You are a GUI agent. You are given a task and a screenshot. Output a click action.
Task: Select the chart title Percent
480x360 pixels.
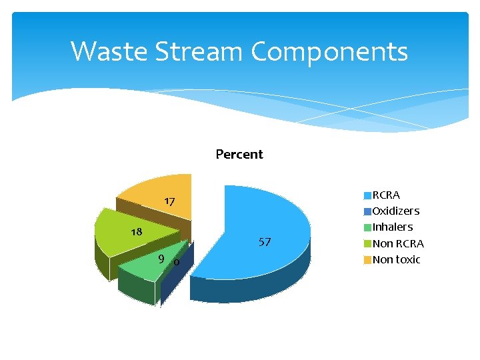pos(239,154)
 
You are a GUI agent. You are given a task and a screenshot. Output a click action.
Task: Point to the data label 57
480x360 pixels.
pos(265,242)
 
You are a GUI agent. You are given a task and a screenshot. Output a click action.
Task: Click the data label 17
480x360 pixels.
pos(169,201)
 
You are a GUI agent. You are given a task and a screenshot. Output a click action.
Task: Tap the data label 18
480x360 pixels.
pos(136,232)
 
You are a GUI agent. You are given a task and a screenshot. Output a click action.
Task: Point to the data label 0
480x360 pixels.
pos(175,262)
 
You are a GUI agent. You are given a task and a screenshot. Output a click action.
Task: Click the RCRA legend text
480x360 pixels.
pos(386,195)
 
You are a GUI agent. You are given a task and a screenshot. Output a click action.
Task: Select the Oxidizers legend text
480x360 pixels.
pos(396,211)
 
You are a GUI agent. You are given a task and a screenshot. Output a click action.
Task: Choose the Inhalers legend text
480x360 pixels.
pos(393,227)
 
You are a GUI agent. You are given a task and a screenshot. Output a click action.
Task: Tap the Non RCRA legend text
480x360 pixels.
pos(398,243)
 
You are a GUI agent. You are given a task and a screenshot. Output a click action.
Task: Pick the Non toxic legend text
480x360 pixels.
pos(397,259)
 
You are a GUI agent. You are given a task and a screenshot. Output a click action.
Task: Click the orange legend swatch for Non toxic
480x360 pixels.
pos(367,260)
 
